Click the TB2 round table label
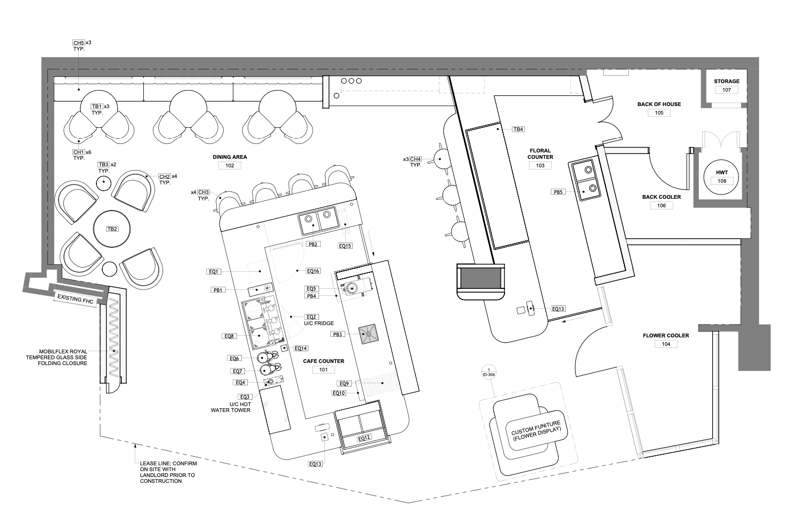click(112, 229)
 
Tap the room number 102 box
click(230, 165)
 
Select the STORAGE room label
click(727, 82)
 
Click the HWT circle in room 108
click(722, 177)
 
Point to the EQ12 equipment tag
click(364, 438)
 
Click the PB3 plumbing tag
click(337, 334)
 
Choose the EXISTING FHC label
click(76, 299)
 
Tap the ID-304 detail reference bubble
click(489, 372)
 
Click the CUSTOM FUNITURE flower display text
click(536, 430)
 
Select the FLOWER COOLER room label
click(666, 335)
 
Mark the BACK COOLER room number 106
click(662, 205)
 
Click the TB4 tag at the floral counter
click(518, 130)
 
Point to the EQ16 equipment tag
click(313, 271)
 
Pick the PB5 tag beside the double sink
click(558, 192)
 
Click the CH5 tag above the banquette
click(79, 43)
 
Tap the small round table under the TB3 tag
click(104, 184)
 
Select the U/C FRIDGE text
click(319, 324)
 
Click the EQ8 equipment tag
click(229, 336)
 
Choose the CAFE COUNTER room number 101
click(323, 370)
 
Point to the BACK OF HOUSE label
click(659, 104)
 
